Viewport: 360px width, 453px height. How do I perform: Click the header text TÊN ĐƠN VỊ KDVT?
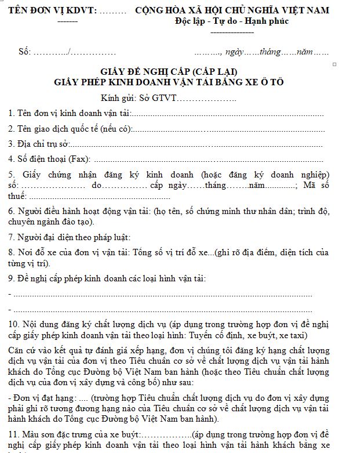49,10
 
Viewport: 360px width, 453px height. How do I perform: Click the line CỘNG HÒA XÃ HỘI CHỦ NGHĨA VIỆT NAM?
231,10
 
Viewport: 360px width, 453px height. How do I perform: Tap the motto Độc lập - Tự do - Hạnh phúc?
231,21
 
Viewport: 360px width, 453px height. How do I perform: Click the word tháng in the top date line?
270,52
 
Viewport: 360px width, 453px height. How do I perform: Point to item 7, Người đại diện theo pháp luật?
70,237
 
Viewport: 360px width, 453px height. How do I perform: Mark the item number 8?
12,252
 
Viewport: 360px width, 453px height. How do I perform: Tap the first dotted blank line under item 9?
162,295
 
